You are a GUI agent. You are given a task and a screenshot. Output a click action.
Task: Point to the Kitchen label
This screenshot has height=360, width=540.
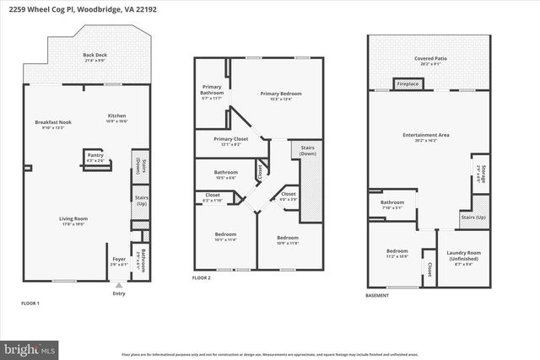(x=117, y=117)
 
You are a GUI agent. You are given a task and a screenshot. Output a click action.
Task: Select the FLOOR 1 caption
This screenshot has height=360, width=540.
(x=30, y=303)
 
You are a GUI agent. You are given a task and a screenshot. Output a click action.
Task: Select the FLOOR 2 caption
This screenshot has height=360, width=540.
(x=202, y=277)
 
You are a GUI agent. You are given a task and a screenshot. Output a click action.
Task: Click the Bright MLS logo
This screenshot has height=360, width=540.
(x=30, y=347)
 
